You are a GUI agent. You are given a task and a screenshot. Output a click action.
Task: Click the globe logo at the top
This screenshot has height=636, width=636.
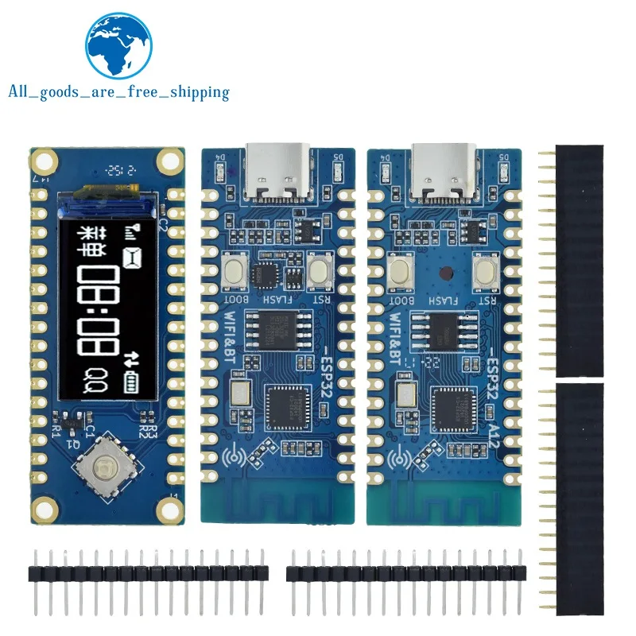[x=118, y=44]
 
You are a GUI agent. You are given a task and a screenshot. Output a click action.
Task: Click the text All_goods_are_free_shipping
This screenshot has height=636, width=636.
[x=118, y=92]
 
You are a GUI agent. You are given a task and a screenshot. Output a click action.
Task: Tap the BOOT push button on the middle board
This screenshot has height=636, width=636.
[x=235, y=271]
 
